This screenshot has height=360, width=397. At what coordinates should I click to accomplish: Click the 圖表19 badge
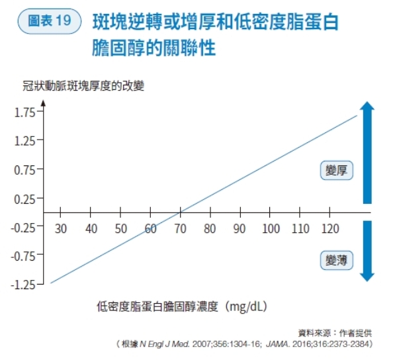46,21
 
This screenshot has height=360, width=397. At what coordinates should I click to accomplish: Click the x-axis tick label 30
61,229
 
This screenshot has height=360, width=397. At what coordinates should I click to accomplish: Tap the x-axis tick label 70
180,229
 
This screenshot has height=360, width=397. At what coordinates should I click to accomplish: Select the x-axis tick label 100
270,229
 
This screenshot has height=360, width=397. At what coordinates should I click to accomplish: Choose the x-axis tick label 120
330,229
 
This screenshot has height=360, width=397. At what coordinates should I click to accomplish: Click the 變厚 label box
335,171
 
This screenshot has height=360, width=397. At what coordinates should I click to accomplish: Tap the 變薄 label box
335,259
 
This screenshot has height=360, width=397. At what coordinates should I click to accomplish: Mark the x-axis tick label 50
120,229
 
